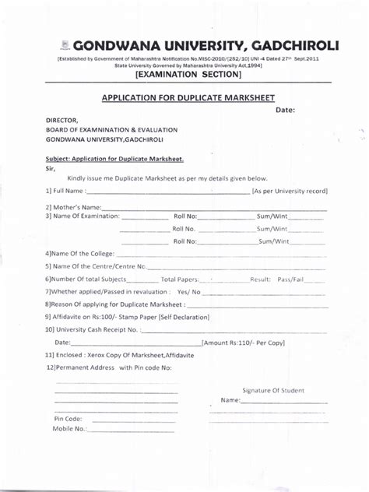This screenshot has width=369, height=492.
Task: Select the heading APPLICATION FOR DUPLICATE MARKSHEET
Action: (x=190, y=98)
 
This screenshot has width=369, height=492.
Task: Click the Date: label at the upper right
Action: (x=286, y=110)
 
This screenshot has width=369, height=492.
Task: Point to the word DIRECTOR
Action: (x=62, y=120)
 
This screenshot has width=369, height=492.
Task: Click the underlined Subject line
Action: (x=114, y=158)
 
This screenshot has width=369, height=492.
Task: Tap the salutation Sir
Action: (x=51, y=167)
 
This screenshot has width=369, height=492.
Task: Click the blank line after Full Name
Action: (x=167, y=192)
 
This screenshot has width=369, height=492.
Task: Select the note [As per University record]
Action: (x=289, y=191)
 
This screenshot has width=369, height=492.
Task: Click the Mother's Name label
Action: (x=73, y=207)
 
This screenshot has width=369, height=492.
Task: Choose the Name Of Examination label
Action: (x=81, y=216)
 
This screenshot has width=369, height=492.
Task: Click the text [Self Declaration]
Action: (x=185, y=317)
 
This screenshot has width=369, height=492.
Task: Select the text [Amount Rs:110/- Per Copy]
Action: (x=243, y=343)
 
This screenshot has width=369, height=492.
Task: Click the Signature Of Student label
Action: (x=273, y=391)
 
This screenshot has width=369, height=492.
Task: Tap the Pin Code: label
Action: (x=68, y=419)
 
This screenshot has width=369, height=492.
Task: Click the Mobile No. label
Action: (x=69, y=429)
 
